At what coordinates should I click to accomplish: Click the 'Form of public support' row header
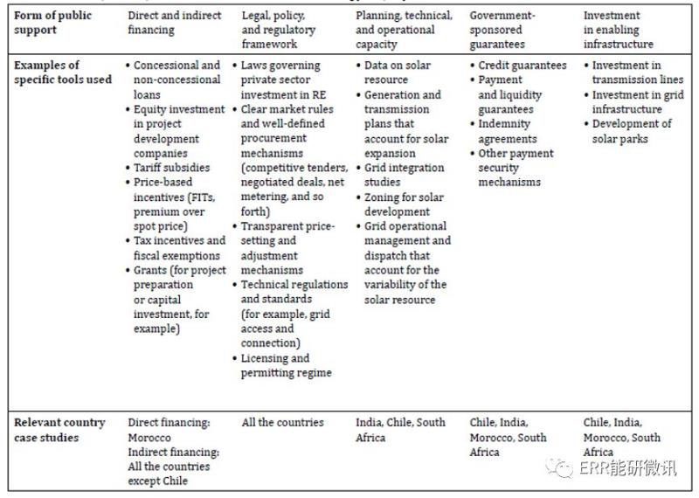[48, 23]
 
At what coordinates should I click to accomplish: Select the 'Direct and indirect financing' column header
[175, 23]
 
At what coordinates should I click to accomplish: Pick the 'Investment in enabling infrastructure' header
[618, 30]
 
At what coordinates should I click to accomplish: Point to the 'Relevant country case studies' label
[59, 430]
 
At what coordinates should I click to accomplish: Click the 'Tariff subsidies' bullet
[172, 167]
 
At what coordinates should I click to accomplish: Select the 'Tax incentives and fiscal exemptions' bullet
[178, 247]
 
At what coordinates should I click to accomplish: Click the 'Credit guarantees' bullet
[523, 66]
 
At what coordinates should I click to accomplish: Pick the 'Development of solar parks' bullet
[632, 131]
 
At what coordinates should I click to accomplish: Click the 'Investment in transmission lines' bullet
[637, 73]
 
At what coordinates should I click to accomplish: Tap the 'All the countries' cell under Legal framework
[282, 423]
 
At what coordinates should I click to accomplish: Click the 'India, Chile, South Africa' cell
[400, 430]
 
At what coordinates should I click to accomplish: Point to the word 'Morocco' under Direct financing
[149, 437]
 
